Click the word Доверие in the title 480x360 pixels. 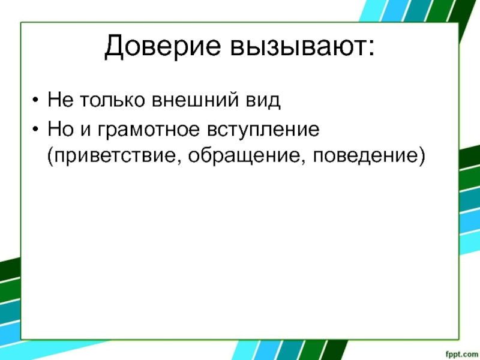point(162,47)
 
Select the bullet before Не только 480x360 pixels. point(35,100)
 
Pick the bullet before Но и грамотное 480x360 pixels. point(35,129)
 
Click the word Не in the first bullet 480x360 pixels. point(61,99)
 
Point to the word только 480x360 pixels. point(112,99)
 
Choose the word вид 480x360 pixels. point(263,100)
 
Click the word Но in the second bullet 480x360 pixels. point(61,128)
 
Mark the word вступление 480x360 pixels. point(263,130)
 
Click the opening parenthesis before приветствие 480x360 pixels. point(50,157)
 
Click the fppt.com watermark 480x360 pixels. point(462,355)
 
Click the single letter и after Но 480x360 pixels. point(86,130)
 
